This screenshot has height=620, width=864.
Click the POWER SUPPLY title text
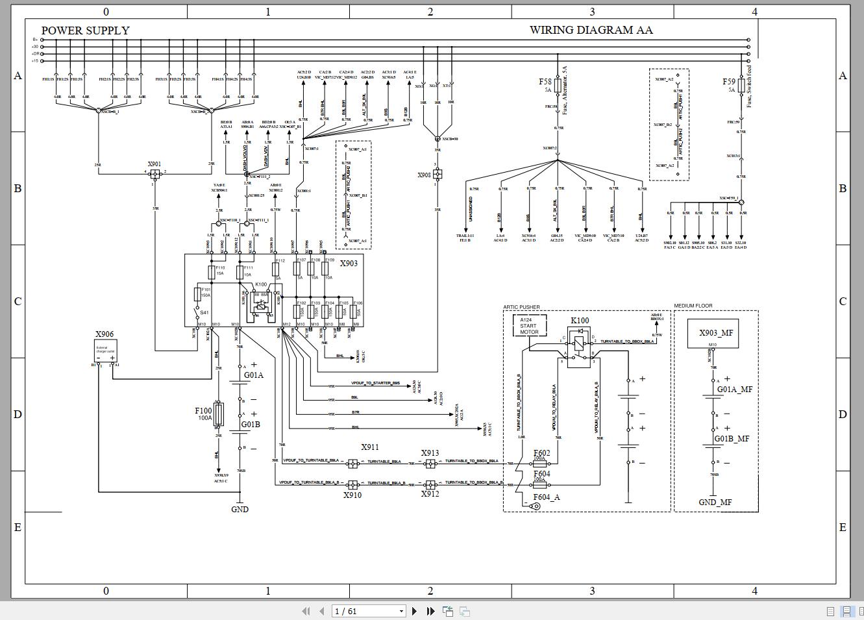click(x=85, y=31)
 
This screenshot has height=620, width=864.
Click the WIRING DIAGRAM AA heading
click(x=591, y=30)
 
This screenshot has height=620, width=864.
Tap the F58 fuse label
click(x=545, y=82)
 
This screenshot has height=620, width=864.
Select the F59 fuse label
click(x=729, y=82)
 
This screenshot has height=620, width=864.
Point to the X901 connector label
click(x=154, y=164)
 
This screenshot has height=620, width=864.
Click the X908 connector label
click(x=424, y=175)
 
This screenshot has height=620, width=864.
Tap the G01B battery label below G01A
click(x=251, y=425)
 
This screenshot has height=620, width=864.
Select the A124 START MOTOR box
click(x=530, y=326)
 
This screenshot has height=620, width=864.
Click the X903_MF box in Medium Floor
click(x=716, y=333)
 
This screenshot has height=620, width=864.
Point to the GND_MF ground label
click(x=715, y=502)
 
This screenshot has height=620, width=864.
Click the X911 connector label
click(x=370, y=447)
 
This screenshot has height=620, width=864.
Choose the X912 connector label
click(x=430, y=494)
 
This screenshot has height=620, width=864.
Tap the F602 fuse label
click(x=541, y=453)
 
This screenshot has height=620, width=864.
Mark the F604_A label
click(x=546, y=497)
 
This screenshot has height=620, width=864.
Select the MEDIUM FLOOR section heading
click(x=693, y=306)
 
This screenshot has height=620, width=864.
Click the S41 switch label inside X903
click(x=204, y=313)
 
